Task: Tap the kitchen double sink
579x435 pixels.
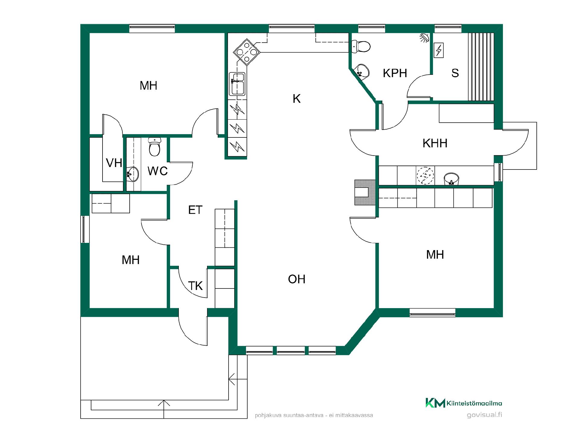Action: (x=237, y=84)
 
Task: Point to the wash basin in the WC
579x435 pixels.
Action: (x=133, y=174)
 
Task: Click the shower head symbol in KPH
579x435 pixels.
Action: (x=425, y=38)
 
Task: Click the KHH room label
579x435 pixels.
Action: (x=435, y=143)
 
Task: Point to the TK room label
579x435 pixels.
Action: (x=195, y=286)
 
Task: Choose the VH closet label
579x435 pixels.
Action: (x=114, y=163)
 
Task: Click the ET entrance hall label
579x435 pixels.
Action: (x=195, y=210)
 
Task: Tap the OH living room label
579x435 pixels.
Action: (x=297, y=279)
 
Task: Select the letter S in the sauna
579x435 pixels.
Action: (x=455, y=73)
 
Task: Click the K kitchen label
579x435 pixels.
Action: (x=297, y=99)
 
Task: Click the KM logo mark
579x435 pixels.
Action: (x=435, y=403)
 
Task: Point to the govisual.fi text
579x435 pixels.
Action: (x=484, y=415)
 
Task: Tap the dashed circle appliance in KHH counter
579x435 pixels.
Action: (x=425, y=175)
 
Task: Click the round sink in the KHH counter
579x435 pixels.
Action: (x=451, y=179)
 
